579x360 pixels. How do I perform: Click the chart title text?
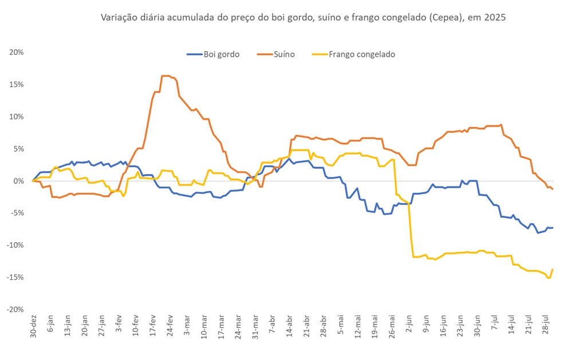[x=303, y=18]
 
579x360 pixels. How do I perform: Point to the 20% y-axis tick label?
[x=16, y=52]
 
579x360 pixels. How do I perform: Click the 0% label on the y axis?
[x=18, y=181]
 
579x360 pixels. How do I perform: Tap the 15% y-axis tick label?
[x=16, y=84]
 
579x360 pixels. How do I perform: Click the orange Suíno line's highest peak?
[x=166, y=76]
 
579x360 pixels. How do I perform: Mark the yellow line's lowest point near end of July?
[x=549, y=278]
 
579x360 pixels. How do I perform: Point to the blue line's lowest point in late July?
[x=538, y=233]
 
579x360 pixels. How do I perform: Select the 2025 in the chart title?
[x=495, y=18]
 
